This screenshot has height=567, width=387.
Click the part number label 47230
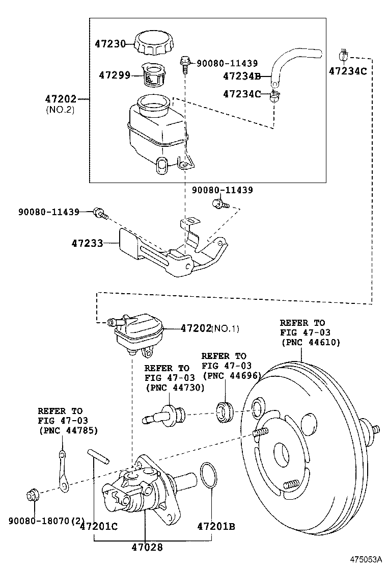tap(110, 44)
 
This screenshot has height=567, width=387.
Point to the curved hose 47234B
tap(295, 61)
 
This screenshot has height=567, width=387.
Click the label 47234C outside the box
tap(348, 71)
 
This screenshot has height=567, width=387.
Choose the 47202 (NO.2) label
tap(61, 99)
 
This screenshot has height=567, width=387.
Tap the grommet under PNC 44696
tap(225, 411)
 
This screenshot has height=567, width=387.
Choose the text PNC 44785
tap(68, 430)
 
